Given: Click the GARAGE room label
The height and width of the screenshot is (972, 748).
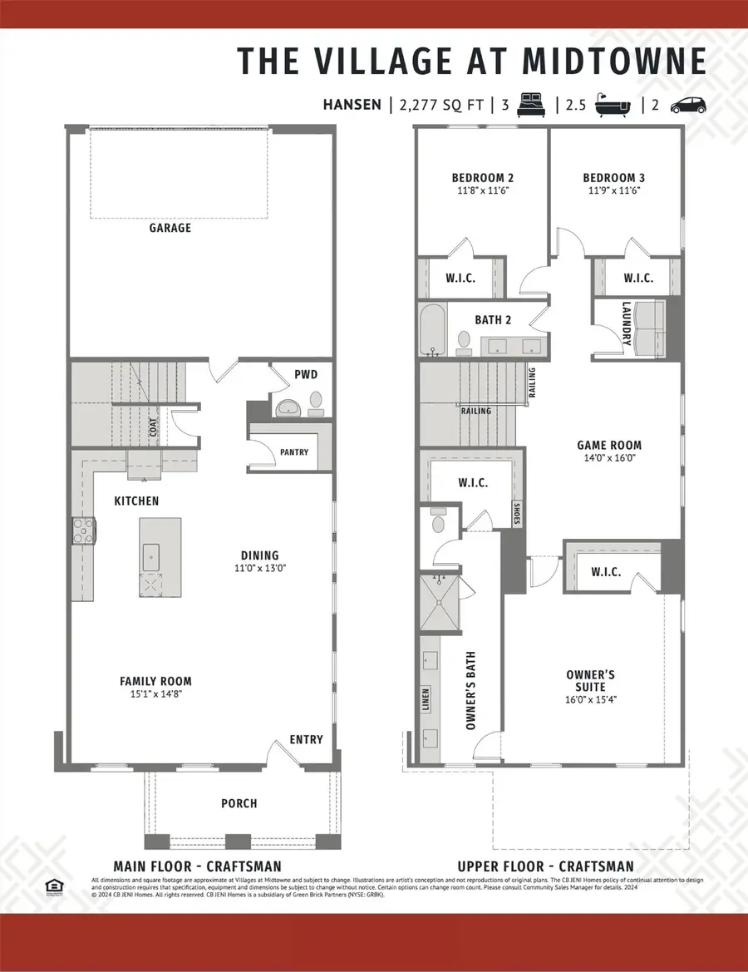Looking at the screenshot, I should pos(170,228).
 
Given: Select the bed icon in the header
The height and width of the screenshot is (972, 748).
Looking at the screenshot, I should pos(531,105).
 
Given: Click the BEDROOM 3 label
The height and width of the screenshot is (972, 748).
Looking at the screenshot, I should pos(613,178).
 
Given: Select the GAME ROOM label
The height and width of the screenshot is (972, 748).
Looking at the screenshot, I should pos(610,445).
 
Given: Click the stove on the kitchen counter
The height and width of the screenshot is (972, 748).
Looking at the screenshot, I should pos(83,530).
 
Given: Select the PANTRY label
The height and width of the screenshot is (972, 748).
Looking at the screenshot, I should pos(294,452).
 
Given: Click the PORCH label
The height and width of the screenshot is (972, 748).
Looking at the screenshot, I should pos(239,803).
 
